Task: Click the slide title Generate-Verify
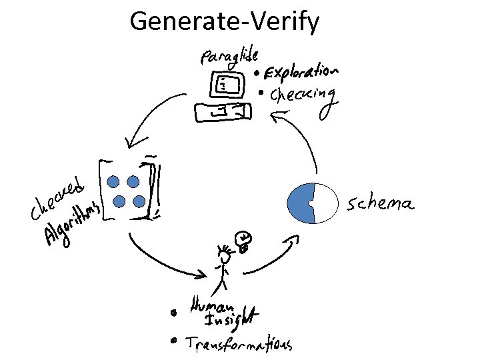(x=225, y=21)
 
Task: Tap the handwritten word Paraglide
(x=229, y=55)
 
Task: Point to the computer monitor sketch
(x=225, y=85)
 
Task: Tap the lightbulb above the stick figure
(x=244, y=240)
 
